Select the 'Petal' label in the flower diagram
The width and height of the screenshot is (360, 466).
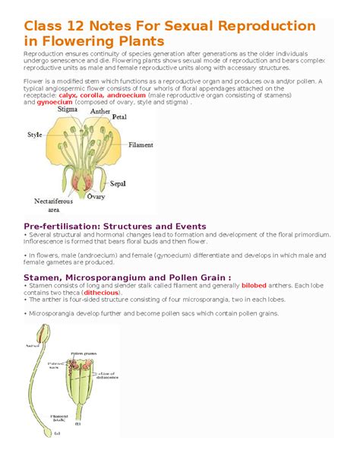119,118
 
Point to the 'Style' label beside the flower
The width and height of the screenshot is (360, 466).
35,135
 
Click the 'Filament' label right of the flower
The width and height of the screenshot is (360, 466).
141,144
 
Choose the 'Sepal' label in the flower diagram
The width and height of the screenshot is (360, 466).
118,183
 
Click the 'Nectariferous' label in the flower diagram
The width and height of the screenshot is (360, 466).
52,201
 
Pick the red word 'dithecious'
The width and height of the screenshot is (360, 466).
102,292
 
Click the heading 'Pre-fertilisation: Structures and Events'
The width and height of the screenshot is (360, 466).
115,226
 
